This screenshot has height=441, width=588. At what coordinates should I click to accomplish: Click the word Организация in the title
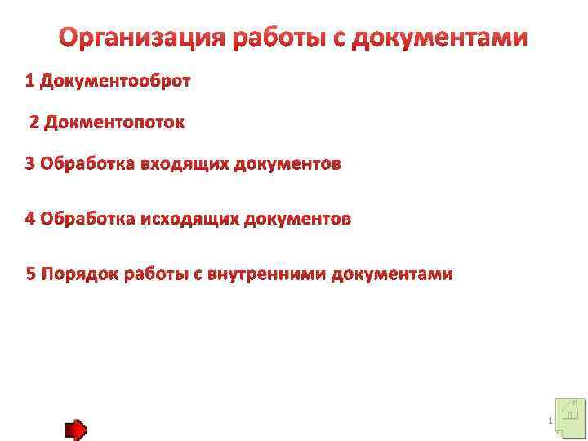(142, 38)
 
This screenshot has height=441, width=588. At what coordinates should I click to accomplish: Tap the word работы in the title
(279, 38)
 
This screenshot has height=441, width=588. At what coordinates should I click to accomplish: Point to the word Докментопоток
(114, 122)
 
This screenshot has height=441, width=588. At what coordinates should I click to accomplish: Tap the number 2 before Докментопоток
(34, 122)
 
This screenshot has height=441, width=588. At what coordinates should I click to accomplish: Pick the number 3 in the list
(30, 164)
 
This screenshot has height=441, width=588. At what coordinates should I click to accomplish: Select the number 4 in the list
(30, 218)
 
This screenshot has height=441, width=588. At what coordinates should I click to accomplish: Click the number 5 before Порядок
(32, 274)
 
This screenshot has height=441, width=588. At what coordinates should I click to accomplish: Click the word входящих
(184, 164)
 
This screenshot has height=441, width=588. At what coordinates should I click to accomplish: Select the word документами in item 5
(391, 274)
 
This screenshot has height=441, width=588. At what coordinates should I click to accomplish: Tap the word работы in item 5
(157, 274)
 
